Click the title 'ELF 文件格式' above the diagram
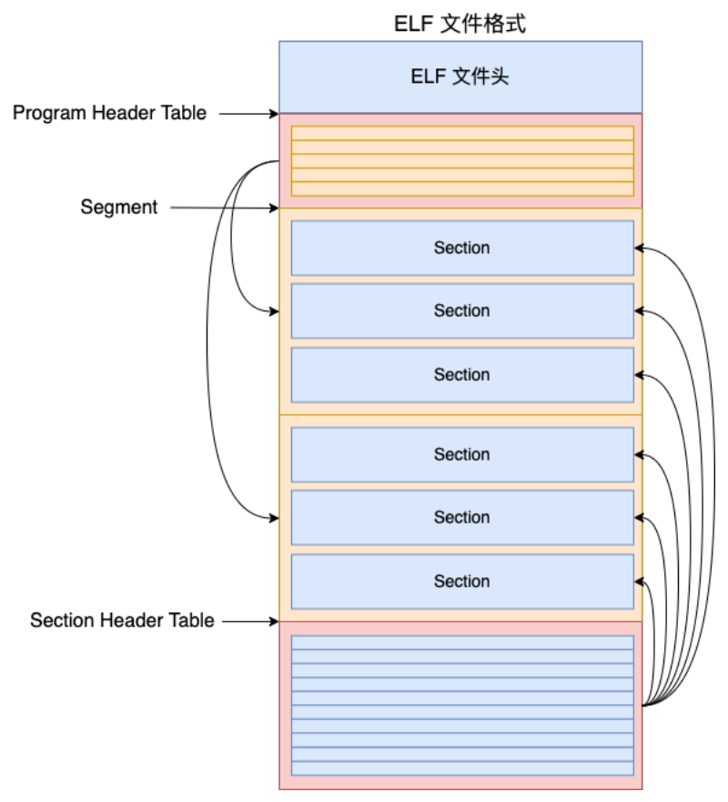(x=460, y=24)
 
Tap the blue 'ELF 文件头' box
(x=460, y=76)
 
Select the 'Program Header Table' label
(x=109, y=113)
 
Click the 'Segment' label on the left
(x=118, y=207)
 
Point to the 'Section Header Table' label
(x=122, y=620)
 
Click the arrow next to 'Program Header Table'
(x=249, y=114)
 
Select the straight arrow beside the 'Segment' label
(x=225, y=208)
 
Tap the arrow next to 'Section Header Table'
(x=250, y=622)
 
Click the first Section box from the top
(x=462, y=249)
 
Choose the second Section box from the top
(x=462, y=311)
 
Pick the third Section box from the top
(x=462, y=375)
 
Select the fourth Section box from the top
(x=462, y=454)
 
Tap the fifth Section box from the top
(x=462, y=518)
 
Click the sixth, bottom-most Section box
(x=462, y=582)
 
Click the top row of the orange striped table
(x=462, y=133)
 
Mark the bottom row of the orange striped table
(x=462, y=188)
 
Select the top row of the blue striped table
(x=462, y=643)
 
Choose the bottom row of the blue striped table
(x=462, y=768)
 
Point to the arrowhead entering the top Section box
(x=639, y=249)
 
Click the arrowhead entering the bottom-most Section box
(x=639, y=582)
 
